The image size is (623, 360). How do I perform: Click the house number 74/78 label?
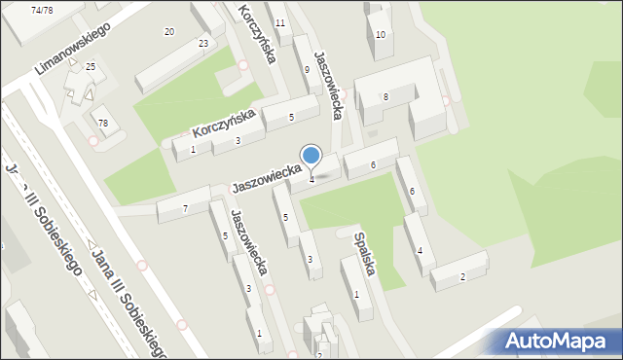point(42,10)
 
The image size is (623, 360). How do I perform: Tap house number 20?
point(169,32)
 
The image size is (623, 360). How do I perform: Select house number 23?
point(203,43)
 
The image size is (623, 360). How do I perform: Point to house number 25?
point(91,66)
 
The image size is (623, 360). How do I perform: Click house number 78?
point(102,123)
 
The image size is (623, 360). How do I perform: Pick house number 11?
point(280,22)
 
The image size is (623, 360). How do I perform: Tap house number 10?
point(381,35)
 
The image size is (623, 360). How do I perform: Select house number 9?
point(307,69)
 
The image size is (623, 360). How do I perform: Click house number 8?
point(385,96)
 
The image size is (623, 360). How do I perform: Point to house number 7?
point(185,208)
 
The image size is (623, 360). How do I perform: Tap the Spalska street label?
point(365,252)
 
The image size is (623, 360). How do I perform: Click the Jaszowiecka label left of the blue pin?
point(266,178)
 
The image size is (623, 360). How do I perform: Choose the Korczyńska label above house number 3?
point(224,123)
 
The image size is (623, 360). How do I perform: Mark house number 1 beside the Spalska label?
point(356,294)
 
